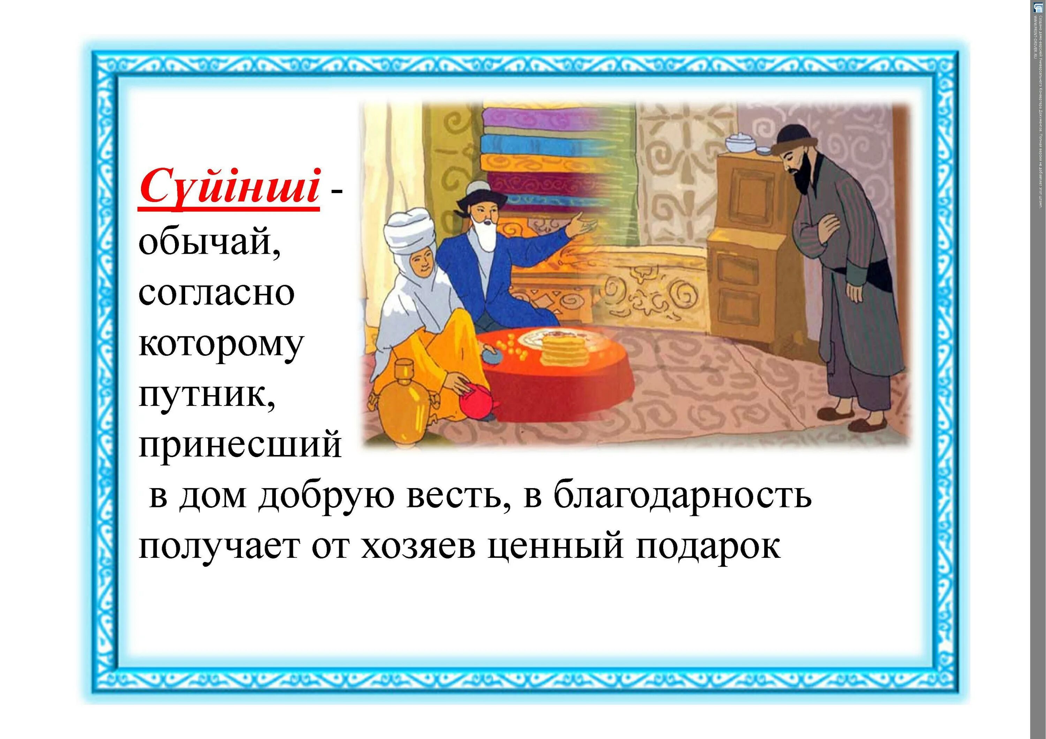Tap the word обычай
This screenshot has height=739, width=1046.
click(210, 243)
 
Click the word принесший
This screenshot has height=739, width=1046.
click(240, 444)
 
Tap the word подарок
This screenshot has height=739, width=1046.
click(708, 546)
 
